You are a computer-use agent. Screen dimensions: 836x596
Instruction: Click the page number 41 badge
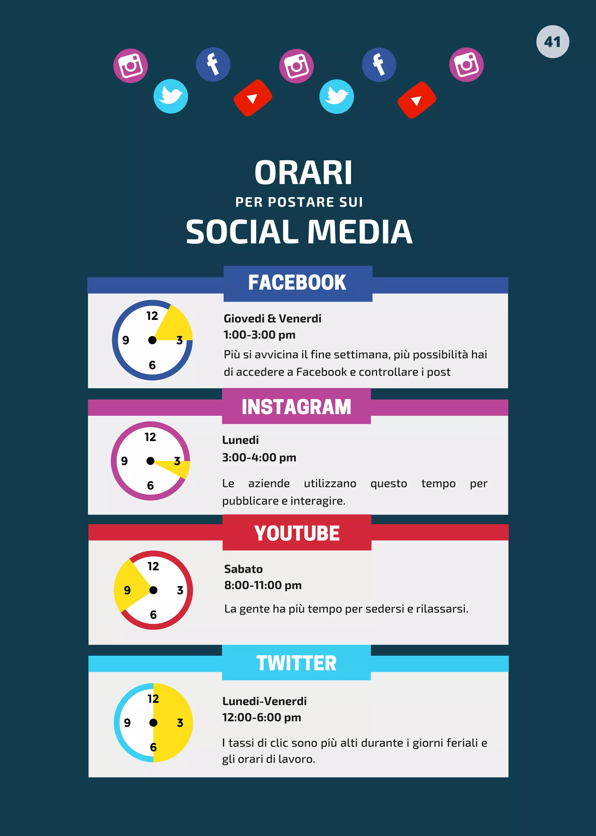tap(552, 42)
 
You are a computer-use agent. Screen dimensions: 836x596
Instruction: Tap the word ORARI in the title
tap(303, 173)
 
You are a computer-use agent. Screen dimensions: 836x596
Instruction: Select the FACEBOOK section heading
tap(297, 283)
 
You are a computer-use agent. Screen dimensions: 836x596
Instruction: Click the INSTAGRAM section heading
tap(296, 407)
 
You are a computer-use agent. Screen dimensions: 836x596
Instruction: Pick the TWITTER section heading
tap(296, 663)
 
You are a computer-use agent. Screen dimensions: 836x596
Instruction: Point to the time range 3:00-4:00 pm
tap(259, 458)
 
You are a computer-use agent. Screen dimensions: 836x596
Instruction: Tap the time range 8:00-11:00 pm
tap(263, 585)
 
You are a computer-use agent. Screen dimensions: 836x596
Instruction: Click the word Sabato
tap(243, 569)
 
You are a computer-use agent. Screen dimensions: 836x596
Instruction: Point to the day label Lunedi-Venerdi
tap(264, 701)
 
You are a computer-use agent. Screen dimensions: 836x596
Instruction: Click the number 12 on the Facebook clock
tap(152, 316)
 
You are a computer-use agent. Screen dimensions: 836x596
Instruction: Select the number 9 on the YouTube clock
tap(127, 590)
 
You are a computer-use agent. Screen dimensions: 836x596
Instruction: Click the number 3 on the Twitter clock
tap(180, 723)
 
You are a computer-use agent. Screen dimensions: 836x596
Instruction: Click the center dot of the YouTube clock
tap(153, 590)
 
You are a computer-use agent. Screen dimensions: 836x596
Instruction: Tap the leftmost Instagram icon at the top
tap(130, 66)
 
